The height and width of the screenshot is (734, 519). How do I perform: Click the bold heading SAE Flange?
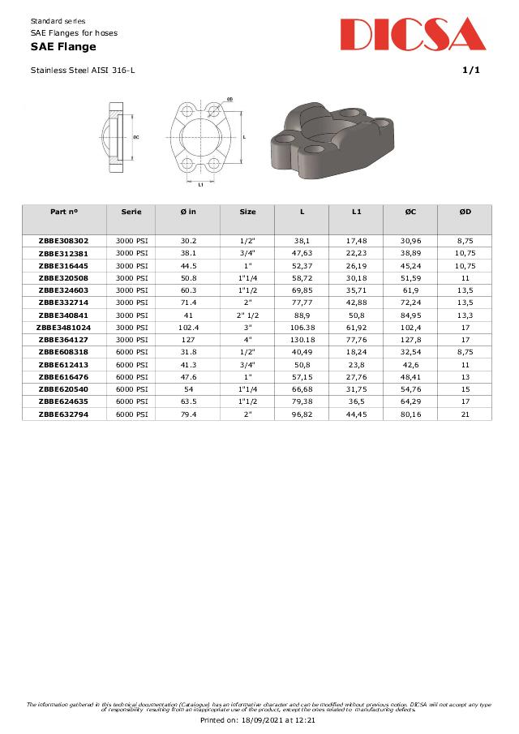[x=63, y=47]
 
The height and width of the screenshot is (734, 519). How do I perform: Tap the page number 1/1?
[x=471, y=71]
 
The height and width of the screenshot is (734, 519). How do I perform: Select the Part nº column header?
[x=64, y=212]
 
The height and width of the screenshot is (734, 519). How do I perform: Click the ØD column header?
[x=465, y=212]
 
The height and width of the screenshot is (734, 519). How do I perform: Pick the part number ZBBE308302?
[x=64, y=241]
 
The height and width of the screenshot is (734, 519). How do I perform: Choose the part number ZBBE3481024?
[x=64, y=328]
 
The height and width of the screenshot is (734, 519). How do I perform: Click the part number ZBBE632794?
[x=64, y=414]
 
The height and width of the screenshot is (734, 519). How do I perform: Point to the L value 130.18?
[x=302, y=340]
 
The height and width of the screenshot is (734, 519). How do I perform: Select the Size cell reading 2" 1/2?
[x=247, y=315]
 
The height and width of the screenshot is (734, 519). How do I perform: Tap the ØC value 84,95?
[x=410, y=315]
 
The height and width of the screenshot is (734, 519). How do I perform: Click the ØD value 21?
[x=465, y=414]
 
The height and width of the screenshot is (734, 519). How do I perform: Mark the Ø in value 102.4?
[x=188, y=328]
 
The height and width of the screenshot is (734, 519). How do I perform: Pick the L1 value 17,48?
[x=356, y=241]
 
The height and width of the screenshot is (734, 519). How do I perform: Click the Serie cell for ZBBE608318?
[x=131, y=352]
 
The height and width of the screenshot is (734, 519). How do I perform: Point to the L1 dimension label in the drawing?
[x=200, y=184]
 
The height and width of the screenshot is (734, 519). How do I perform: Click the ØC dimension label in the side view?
[x=136, y=137]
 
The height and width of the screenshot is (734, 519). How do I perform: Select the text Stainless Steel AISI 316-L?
[x=83, y=71]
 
